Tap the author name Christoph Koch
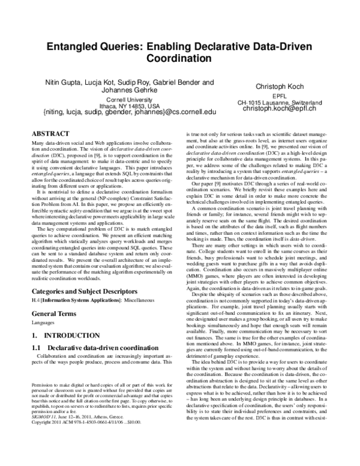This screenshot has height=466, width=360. tap(280, 86)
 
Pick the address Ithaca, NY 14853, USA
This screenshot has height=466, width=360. tap(128, 106)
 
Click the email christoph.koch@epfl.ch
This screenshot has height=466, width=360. tap(280, 110)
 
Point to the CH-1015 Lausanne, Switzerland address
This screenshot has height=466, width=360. tap(280, 103)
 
